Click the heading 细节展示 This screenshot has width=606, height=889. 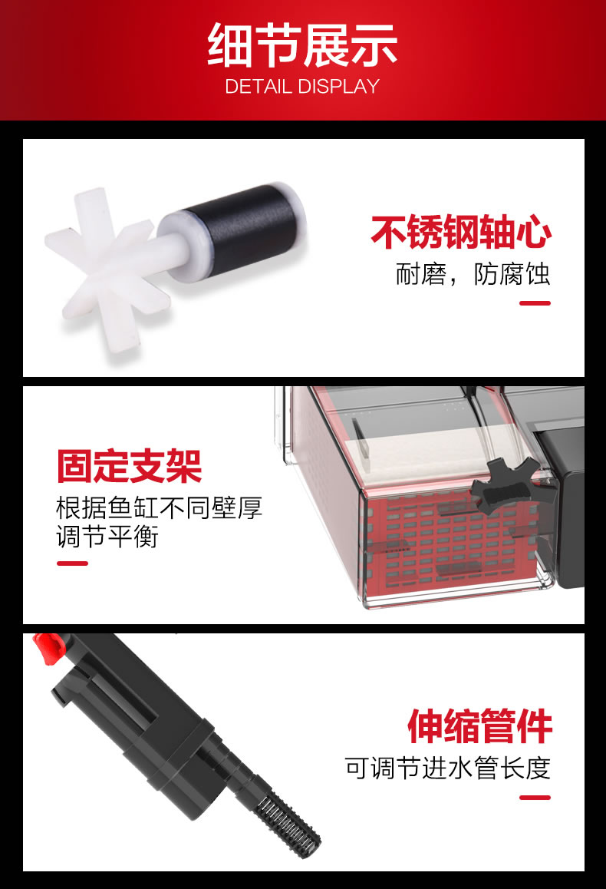point(302,45)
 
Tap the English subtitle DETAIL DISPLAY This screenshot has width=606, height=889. point(302,86)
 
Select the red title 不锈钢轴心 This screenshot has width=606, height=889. point(461,232)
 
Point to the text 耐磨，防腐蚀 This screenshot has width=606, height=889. point(473,274)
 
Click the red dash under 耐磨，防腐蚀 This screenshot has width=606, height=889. point(535,303)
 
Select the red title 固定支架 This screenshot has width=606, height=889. point(129,467)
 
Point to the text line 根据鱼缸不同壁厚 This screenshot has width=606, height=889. point(159,507)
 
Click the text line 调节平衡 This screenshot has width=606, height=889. point(107,537)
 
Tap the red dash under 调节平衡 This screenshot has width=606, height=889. point(73,563)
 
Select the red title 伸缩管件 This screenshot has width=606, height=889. point(479,726)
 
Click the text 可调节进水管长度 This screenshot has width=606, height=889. point(448,768)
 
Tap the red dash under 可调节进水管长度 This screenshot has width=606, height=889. point(535,798)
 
